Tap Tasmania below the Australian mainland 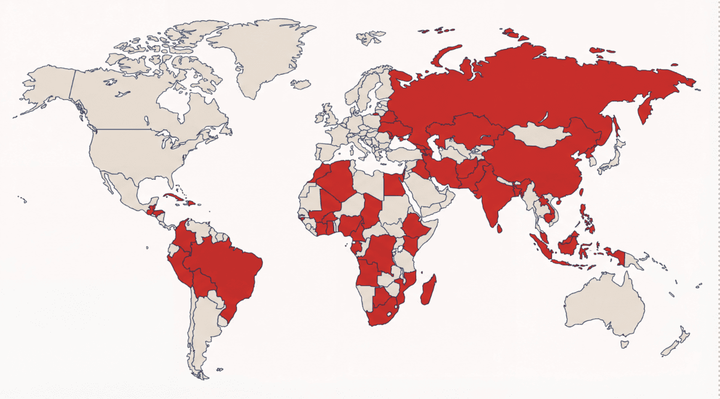624,344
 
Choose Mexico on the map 123,188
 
